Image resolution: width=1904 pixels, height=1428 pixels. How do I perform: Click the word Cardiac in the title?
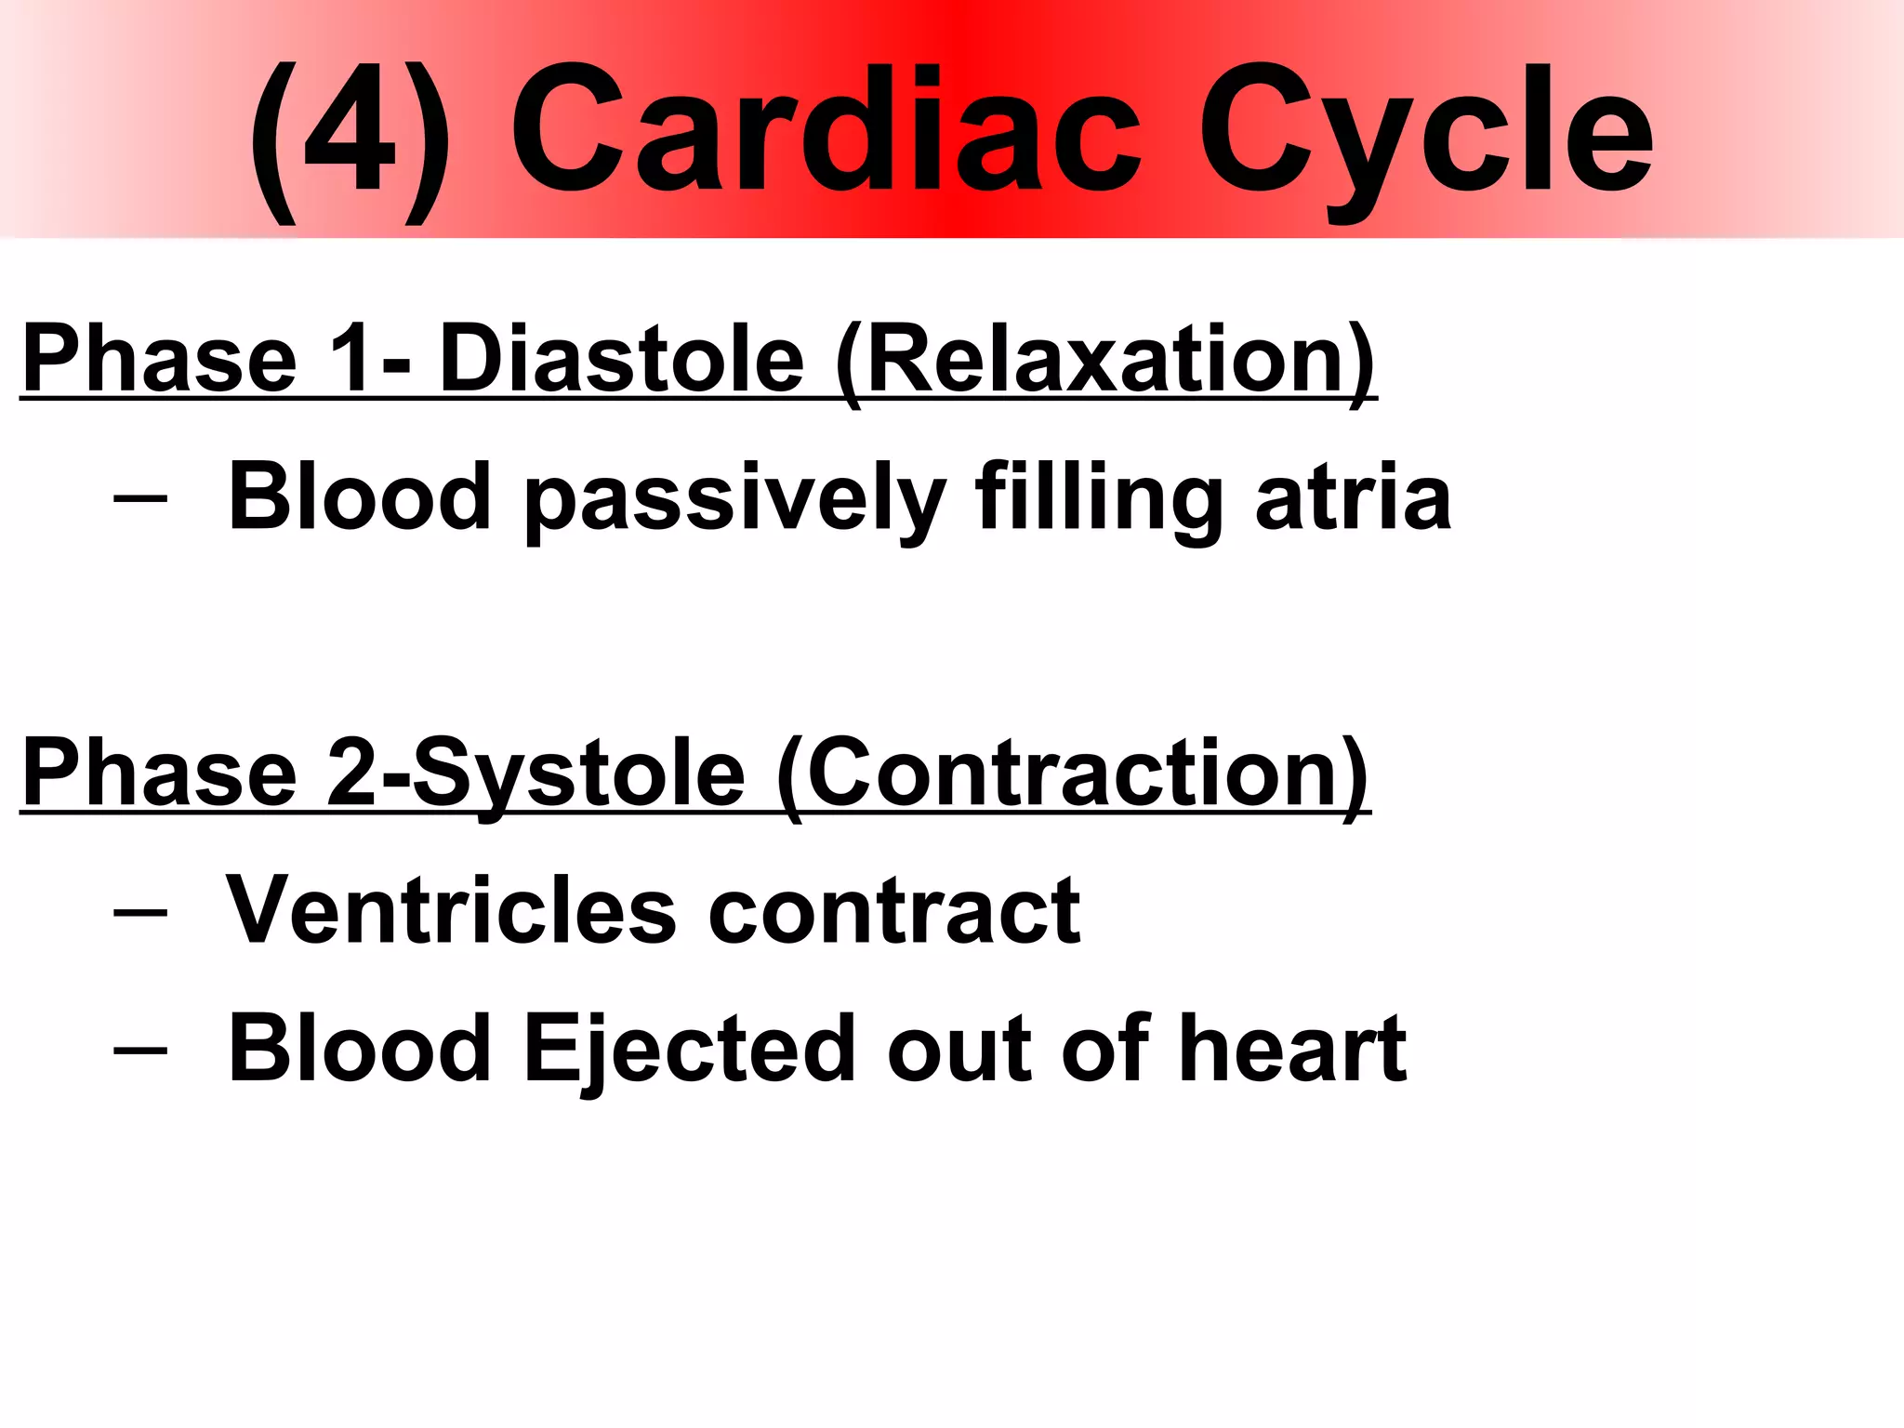coord(826,130)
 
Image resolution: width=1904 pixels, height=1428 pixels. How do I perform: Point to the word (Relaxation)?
coord(1104,363)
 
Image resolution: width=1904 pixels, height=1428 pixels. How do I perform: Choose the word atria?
coord(1353,500)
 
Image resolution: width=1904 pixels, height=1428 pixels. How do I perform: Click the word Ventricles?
coord(451,911)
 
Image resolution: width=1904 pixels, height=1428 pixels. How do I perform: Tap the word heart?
coord(1292,1049)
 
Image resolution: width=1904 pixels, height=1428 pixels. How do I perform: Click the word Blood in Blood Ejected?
coord(359,1049)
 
